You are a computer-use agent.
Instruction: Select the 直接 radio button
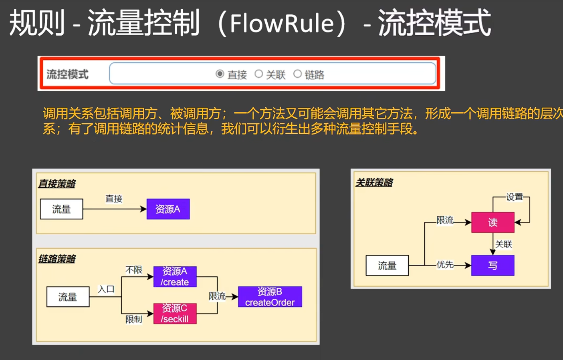point(220,74)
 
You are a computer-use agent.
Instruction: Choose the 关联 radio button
point(259,74)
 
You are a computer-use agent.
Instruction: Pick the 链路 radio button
point(297,74)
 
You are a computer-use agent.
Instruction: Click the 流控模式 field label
point(67,74)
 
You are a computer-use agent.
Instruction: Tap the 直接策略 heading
point(57,184)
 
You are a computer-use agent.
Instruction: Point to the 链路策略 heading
point(57,259)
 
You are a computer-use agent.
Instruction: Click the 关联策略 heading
point(374,183)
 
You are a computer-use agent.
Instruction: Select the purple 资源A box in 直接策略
point(168,209)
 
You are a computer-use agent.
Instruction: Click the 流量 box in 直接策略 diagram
point(61,209)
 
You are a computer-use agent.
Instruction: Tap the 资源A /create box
point(175,277)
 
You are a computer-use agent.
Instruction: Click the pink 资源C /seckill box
point(175,314)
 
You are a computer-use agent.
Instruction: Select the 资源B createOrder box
point(270,297)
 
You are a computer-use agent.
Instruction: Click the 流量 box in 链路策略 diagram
point(68,297)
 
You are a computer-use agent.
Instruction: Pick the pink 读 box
point(492,222)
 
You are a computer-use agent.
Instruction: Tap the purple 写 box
point(492,265)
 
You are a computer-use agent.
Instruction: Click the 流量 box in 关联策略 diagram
point(387,265)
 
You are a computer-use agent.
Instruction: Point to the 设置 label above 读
point(515,197)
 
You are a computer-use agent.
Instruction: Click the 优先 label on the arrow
point(445,265)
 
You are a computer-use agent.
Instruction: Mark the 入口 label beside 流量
point(106,289)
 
